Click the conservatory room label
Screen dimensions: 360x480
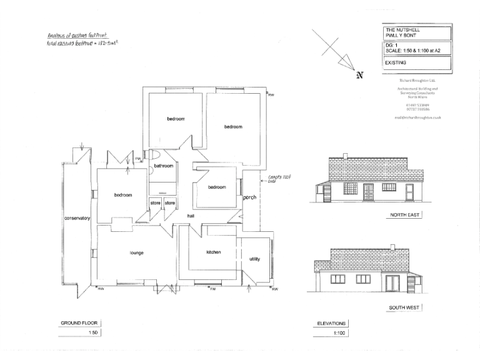click(77, 218)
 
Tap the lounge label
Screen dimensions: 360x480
click(137, 253)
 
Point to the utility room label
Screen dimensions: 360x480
click(254, 259)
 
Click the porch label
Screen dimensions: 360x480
click(250, 198)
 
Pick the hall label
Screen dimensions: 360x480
click(192, 216)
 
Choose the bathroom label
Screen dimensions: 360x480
click(164, 166)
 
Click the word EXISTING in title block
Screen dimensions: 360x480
click(396, 63)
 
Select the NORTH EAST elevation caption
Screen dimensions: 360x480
click(404, 215)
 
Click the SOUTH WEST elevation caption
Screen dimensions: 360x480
click(404, 308)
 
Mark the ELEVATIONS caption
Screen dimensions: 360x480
click(332, 323)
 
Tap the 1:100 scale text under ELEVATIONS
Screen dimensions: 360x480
click(337, 332)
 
